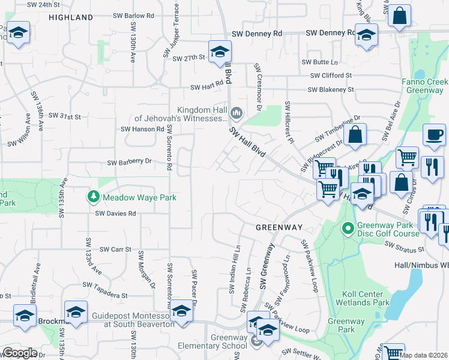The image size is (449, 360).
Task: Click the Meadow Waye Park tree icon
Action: (94, 197)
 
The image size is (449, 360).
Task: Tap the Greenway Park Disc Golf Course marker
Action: (348, 229)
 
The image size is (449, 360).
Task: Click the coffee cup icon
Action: (434, 136)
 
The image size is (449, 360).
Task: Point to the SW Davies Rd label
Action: (116, 214)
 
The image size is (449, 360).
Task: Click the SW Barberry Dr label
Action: (130, 162)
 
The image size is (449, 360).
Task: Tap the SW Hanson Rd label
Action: (142, 129)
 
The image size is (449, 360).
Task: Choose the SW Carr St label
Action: (115, 249)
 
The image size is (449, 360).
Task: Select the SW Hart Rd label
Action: (206, 87)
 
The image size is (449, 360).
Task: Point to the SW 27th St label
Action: (189, 58)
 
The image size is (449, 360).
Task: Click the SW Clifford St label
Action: (331, 76)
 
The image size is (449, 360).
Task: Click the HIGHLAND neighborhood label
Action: (71, 18)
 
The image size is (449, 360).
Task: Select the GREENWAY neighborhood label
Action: (279, 228)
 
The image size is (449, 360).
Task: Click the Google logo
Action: (20, 353)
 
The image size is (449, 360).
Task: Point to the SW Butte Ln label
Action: (319, 62)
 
